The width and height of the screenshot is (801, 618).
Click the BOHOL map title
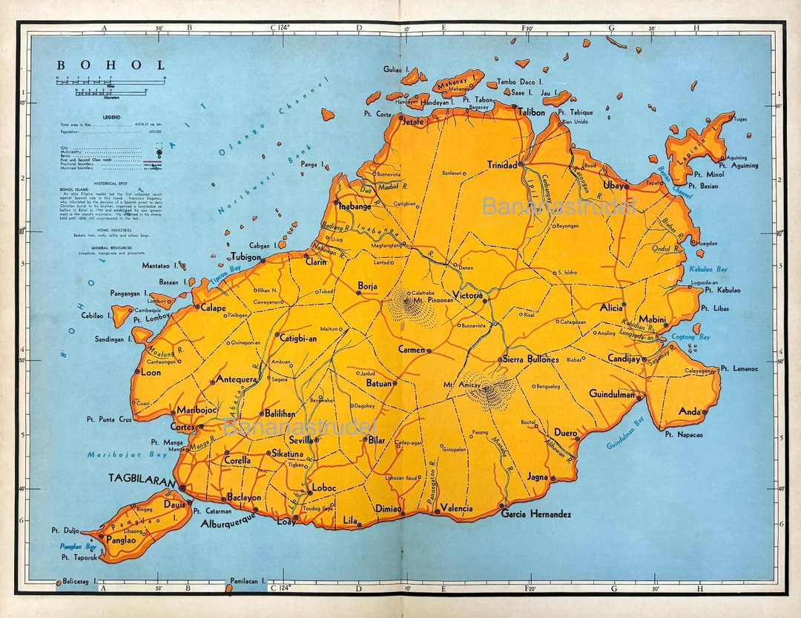pyautogui.click(x=111, y=65)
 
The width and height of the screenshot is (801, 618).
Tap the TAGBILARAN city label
pyautogui.click(x=142, y=477)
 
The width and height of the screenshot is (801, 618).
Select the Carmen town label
pyautogui.click(x=411, y=349)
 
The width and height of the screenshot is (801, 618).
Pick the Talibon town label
pyautogui.click(x=531, y=113)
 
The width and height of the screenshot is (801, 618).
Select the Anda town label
pyautogui.click(x=690, y=411)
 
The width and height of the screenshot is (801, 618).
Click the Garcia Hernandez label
pyautogui.click(x=536, y=514)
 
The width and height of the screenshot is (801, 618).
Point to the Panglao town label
pyautogui.click(x=121, y=540)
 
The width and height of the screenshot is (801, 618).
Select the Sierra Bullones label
pyautogui.click(x=531, y=359)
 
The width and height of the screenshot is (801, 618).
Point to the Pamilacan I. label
pyautogui.click(x=248, y=582)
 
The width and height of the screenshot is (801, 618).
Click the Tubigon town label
pyautogui.click(x=245, y=257)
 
